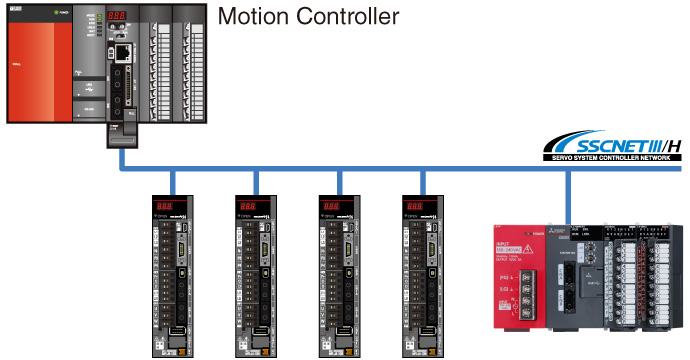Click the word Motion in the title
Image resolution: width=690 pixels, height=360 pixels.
252,17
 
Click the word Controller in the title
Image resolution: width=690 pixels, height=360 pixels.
344,17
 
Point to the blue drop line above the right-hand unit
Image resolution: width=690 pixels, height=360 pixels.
568,195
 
